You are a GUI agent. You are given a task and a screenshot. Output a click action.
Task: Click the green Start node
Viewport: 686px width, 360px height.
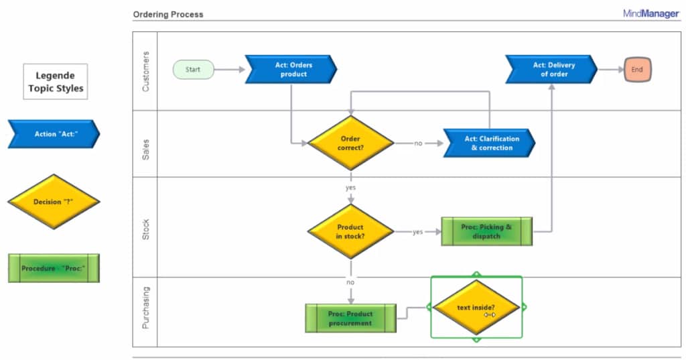point(194,69)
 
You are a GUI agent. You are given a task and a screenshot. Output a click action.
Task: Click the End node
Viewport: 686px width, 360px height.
point(637,69)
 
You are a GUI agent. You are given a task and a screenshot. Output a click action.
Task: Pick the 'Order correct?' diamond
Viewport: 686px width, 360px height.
point(350,143)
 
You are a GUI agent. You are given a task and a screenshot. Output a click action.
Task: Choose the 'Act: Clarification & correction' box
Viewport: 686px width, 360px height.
point(490,143)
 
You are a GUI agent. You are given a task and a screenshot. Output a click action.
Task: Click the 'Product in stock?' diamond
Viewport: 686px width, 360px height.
point(350,231)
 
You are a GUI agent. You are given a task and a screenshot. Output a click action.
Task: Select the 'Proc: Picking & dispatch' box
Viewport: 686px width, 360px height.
point(486,231)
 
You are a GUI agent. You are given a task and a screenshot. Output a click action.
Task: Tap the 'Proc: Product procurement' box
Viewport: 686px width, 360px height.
point(350,318)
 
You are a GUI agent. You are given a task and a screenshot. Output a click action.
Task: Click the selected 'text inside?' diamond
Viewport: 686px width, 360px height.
point(476,308)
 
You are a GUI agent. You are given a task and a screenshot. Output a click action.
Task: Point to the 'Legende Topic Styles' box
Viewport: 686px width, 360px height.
point(56,82)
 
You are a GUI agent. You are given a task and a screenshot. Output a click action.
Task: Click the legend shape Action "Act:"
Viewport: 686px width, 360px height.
point(54,134)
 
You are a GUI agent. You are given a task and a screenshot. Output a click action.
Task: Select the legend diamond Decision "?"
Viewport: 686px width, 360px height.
point(54,201)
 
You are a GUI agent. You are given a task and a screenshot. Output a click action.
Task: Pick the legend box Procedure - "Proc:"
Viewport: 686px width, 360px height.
point(54,268)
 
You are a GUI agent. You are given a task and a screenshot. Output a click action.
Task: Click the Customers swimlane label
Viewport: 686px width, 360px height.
point(146,70)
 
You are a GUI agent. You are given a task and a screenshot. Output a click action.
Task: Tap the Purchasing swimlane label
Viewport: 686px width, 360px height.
point(146,308)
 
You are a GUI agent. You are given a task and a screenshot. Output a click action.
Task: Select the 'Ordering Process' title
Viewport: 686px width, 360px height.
point(168,14)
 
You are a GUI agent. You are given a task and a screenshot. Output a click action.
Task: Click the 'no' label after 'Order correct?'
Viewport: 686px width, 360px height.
point(418,143)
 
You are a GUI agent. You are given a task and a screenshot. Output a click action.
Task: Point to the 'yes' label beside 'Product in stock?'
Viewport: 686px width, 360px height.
point(417,232)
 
